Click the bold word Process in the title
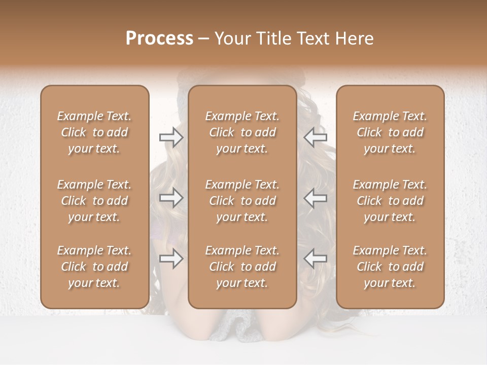pyautogui.click(x=159, y=39)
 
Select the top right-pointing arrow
pyautogui.click(x=171, y=137)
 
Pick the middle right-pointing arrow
pyautogui.click(x=171, y=198)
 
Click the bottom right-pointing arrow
pyautogui.click(x=171, y=259)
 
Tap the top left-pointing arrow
pyautogui.click(x=316, y=137)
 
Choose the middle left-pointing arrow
pyautogui.click(x=316, y=198)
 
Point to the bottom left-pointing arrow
pyautogui.click(x=316, y=259)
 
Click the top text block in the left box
pyautogui.click(x=94, y=132)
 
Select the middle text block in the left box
pyautogui.click(x=94, y=201)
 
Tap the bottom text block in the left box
pyautogui.click(x=94, y=267)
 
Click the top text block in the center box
pyautogui.click(x=242, y=132)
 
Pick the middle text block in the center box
pyautogui.click(x=242, y=201)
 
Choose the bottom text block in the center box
pyautogui.click(x=242, y=267)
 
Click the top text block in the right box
pyautogui.click(x=390, y=132)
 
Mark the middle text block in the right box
pyautogui.click(x=390, y=201)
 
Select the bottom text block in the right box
pyautogui.click(x=390, y=267)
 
